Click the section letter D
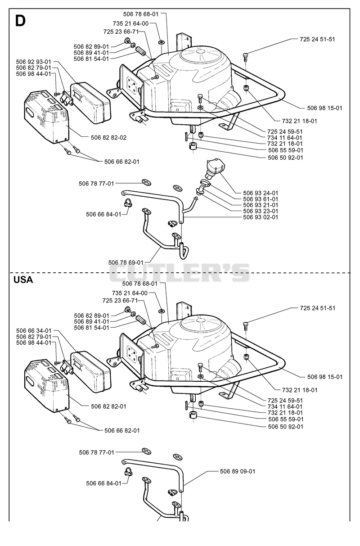tap(20, 21)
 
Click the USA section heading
tap(23, 280)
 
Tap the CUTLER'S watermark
tap(180, 272)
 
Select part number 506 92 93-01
tap(34, 62)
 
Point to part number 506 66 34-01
tap(34, 331)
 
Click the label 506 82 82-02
tap(109, 138)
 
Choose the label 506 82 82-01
tap(109, 406)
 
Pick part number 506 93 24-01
tap(261, 193)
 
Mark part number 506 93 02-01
tap(261, 217)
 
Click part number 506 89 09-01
tap(238, 471)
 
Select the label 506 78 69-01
tap(126, 262)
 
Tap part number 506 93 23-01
tap(261, 211)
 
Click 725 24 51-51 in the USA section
tap(318, 308)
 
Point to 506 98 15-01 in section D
tap(324, 108)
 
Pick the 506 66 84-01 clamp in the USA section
tap(128, 472)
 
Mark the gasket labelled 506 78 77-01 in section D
tap(146, 182)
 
